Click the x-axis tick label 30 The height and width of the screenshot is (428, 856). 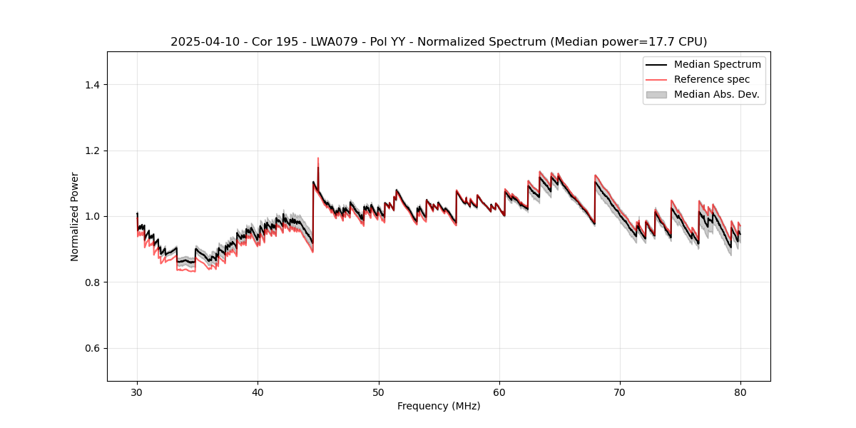[x=137, y=392]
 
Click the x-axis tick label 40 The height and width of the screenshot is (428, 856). [x=258, y=392]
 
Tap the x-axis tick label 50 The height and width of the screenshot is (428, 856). [x=379, y=392]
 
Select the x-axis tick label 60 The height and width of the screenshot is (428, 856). [x=499, y=392]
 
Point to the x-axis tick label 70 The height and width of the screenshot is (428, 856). [x=620, y=392]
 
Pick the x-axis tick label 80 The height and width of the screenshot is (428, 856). [x=740, y=392]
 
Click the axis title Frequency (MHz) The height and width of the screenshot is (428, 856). [x=439, y=406]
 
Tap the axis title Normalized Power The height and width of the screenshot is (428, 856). [x=75, y=216]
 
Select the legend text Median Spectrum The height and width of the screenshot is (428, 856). [x=717, y=64]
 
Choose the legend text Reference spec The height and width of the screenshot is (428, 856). [x=711, y=79]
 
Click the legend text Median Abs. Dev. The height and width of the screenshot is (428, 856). [x=716, y=94]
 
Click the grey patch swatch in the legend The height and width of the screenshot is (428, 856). [x=656, y=94]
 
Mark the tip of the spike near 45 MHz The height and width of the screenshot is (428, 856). [x=318, y=158]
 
